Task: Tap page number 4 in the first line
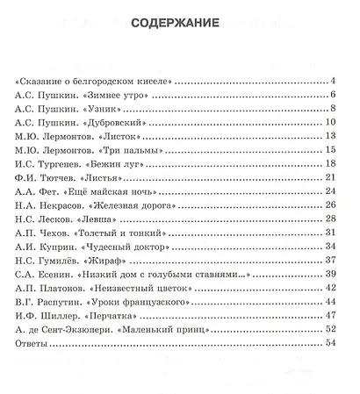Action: [x=334, y=81]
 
